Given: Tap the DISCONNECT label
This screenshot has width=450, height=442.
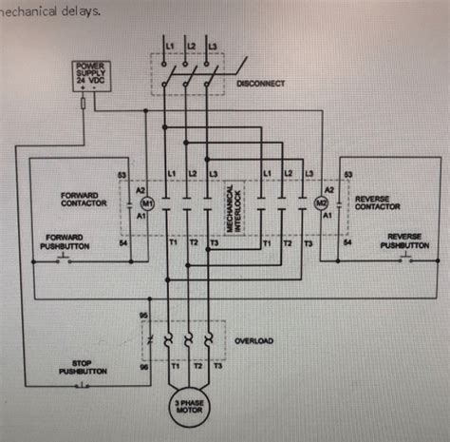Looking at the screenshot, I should click(259, 84).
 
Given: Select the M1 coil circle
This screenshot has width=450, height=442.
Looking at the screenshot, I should click(147, 203).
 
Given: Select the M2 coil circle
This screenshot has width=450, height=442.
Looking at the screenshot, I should click(319, 203).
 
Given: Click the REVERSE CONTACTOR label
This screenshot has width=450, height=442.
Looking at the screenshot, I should click(377, 203).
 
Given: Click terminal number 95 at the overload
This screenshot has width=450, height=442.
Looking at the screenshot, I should click(142, 316).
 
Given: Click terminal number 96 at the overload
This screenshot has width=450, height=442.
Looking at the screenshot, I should click(142, 365).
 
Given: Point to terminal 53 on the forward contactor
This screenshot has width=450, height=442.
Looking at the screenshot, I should click(122, 175).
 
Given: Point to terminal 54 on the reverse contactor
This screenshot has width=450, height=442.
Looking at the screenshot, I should click(347, 243).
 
